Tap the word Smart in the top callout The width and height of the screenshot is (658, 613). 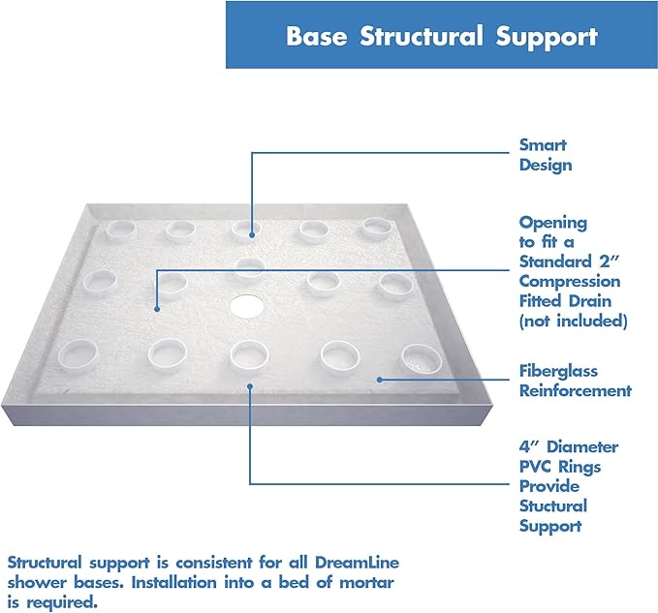(543, 144)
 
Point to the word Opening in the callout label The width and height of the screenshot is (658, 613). (552, 222)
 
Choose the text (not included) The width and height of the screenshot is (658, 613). (573, 321)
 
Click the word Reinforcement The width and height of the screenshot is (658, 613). (575, 390)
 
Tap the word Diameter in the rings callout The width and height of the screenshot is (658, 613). (580, 446)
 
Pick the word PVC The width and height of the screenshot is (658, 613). (538, 467)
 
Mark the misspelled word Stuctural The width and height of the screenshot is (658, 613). (552, 506)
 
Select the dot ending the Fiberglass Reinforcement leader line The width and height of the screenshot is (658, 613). (378, 379)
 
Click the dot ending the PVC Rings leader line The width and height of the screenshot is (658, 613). (251, 384)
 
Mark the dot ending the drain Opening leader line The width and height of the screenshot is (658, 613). (156, 309)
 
